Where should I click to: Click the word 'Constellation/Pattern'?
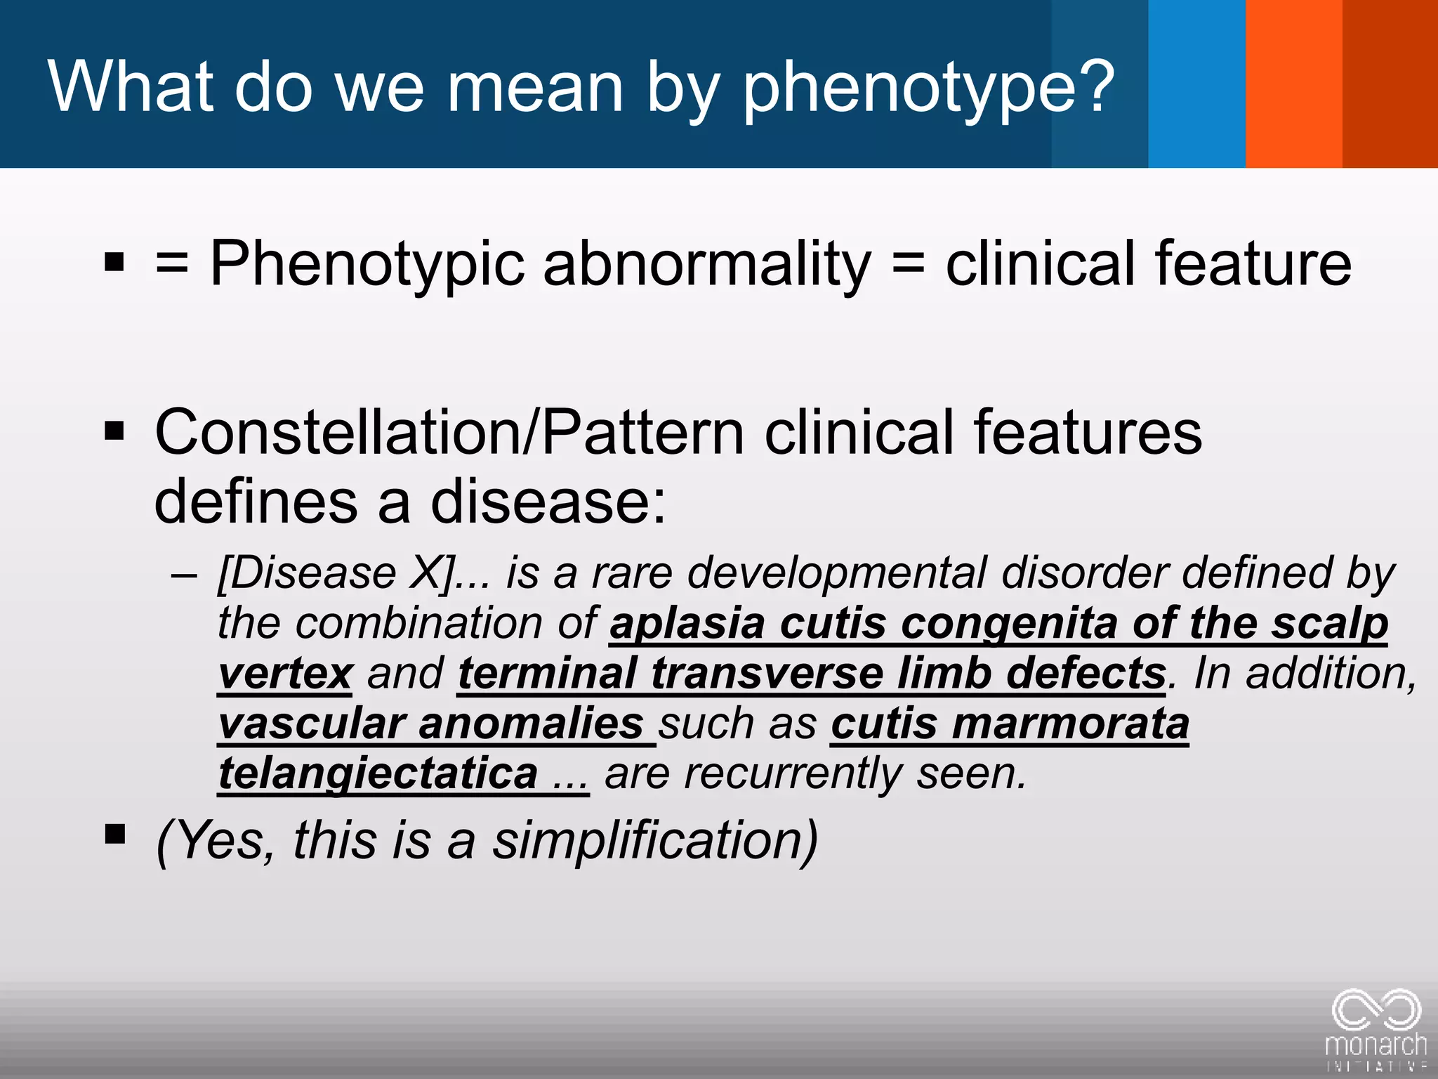[x=449, y=432]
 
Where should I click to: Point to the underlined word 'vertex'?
[x=285, y=673]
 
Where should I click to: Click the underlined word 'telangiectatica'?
[x=378, y=773]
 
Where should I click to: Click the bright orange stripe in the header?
[x=1293, y=84]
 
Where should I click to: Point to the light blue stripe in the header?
[x=1196, y=84]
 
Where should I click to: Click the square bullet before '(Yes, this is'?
[x=114, y=834]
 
